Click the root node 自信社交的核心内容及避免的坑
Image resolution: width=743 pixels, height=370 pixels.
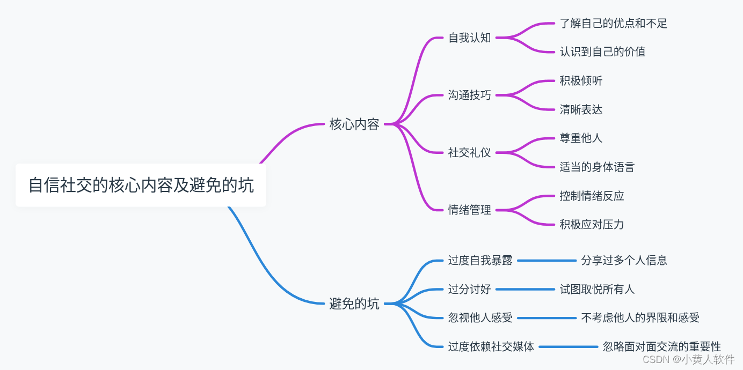(141, 186)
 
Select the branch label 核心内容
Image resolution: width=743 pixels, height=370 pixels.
(354, 124)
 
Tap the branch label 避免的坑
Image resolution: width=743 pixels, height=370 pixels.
(354, 304)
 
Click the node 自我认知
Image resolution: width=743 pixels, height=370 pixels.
(470, 38)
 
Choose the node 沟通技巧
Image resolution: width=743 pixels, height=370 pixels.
(470, 95)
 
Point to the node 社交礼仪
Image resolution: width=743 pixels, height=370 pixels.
(470, 153)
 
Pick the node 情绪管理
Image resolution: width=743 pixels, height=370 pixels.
(470, 210)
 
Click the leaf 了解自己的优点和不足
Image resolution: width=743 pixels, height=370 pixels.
(613, 24)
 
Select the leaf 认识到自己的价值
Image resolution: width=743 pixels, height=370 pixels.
(602, 52)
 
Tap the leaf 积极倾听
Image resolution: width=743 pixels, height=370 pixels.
(581, 81)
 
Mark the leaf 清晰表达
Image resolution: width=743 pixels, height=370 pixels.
(581, 110)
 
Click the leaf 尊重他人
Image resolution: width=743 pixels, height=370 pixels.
(581, 138)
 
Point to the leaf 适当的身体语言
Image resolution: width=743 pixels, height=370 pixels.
(597, 167)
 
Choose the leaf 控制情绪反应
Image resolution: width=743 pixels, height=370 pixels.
(592, 196)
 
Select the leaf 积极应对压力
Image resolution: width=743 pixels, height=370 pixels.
(592, 225)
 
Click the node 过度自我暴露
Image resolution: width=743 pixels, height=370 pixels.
(480, 261)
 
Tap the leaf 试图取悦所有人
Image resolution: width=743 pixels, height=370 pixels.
(597, 290)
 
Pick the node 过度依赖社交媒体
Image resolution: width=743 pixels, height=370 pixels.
(491, 347)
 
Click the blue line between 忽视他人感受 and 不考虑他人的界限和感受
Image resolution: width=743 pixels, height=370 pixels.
(547, 318)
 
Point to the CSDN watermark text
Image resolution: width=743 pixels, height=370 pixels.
(688, 360)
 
